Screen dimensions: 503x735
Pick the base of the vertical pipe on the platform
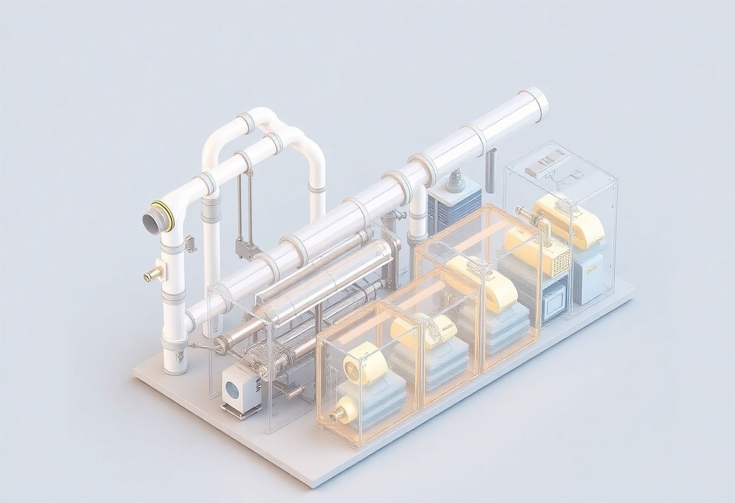(175, 363)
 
